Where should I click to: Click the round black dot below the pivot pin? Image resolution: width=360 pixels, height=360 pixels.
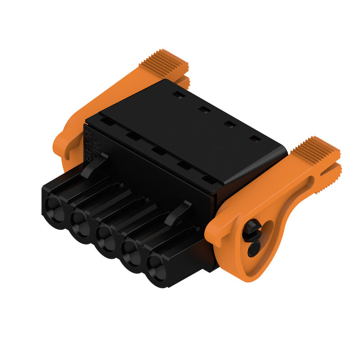[253, 248]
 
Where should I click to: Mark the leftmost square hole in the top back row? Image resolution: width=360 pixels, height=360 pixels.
[179, 95]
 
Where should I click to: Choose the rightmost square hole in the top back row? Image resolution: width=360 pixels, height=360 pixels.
[255, 139]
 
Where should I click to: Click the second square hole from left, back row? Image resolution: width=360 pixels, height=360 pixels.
[204, 109]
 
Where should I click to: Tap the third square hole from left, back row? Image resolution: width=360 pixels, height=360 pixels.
[230, 124]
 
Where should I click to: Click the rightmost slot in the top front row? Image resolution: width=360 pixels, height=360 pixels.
[208, 180]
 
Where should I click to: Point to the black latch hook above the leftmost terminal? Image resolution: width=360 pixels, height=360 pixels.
[94, 164]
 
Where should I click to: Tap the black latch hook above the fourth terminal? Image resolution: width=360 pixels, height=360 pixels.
[177, 211]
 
